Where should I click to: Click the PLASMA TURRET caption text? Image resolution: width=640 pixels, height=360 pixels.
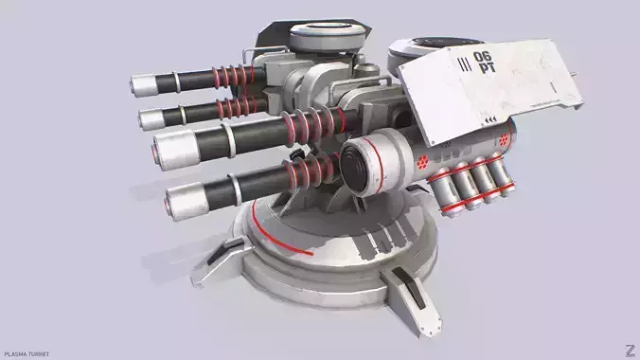coord(26,353)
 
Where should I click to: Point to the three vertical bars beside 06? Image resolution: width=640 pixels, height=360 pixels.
coord(462,64)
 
